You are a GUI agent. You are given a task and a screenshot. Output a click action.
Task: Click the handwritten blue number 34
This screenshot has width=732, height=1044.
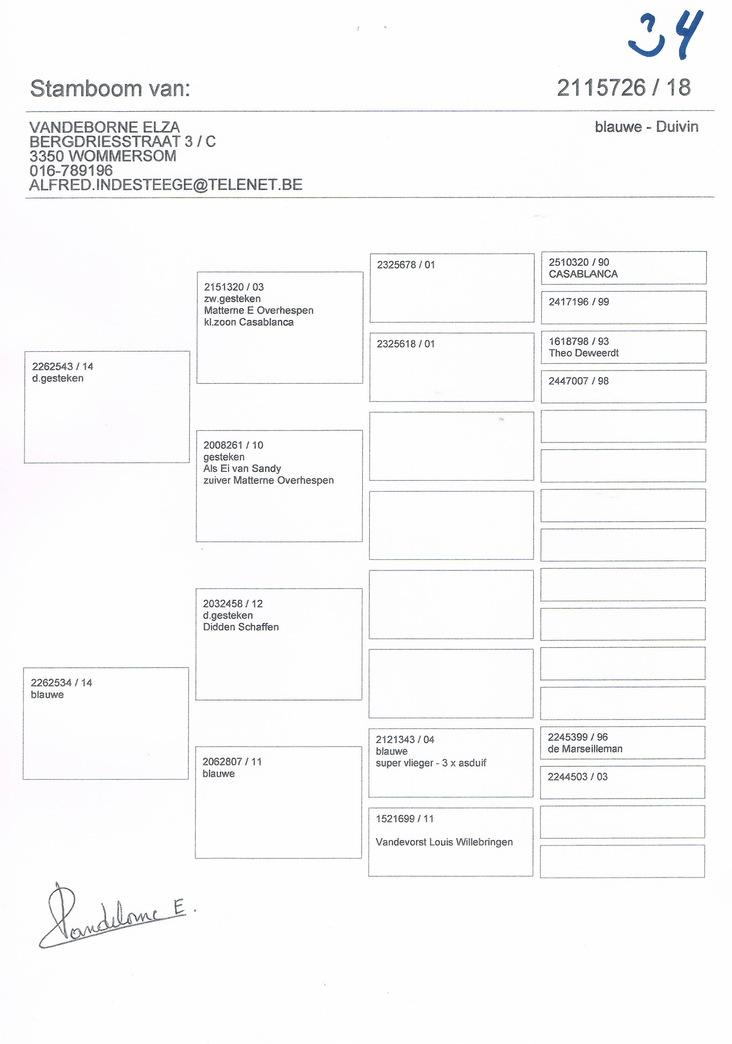(666, 36)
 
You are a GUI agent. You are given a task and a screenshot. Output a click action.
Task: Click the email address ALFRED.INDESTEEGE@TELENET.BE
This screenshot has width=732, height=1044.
(166, 185)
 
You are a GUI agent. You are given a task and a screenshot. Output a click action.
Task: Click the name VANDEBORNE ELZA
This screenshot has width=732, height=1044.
(105, 127)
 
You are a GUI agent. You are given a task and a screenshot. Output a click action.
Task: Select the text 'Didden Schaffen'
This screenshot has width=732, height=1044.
(241, 627)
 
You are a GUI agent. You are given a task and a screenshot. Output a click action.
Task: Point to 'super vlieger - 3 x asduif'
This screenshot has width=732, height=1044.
(431, 763)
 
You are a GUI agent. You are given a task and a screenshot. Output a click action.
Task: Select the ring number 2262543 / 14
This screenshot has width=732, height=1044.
(62, 366)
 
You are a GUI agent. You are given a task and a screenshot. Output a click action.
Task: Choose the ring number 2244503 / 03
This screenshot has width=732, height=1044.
(577, 777)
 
